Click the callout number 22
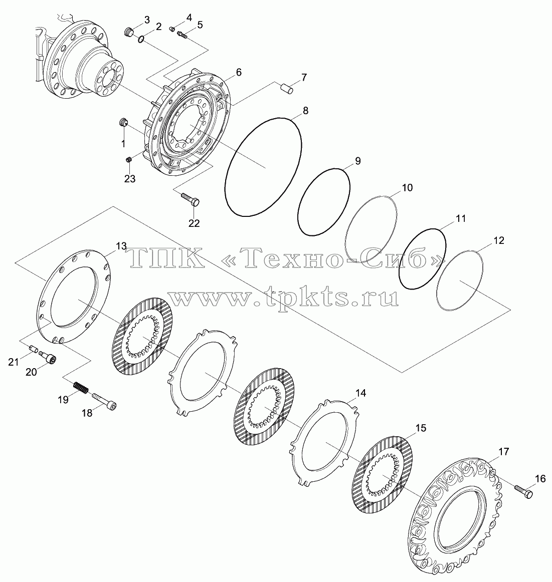pyautogui.click(x=194, y=223)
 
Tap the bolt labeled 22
pyautogui.click(x=191, y=199)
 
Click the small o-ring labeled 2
pyautogui.click(x=140, y=39)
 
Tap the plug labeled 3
pyautogui.click(x=128, y=32)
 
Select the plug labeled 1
pyautogui.click(x=123, y=122)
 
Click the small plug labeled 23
pyautogui.click(x=129, y=160)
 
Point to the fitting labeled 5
pyautogui.click(x=182, y=35)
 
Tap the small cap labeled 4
pyautogui.click(x=172, y=29)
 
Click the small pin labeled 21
pyautogui.click(x=33, y=349)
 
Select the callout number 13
pyautogui.click(x=121, y=246)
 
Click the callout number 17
pyautogui.click(x=504, y=452)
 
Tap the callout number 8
pyautogui.click(x=305, y=111)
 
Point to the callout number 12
pyautogui.click(x=498, y=240)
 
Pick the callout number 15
pyautogui.click(x=421, y=428)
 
